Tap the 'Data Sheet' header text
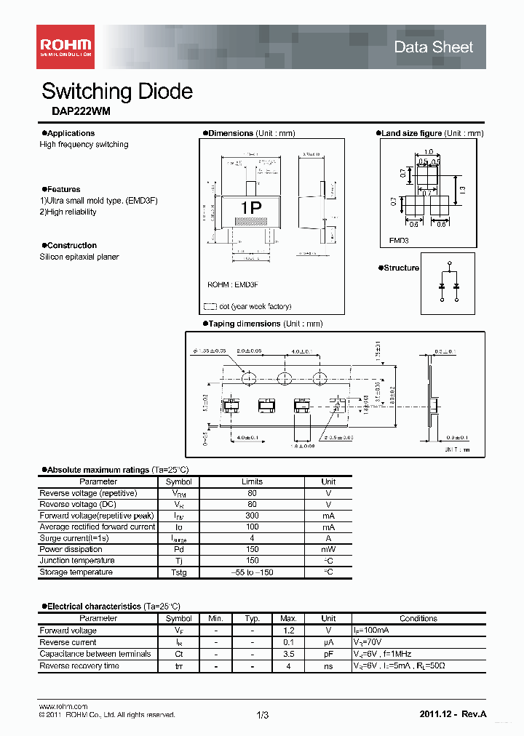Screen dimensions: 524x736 (x=433, y=47)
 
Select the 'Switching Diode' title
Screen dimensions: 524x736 (x=116, y=92)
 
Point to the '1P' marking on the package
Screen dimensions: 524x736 (x=251, y=208)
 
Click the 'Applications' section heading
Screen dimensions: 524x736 (x=71, y=133)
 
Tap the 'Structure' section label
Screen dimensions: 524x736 (x=401, y=268)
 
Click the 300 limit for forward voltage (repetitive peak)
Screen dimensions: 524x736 (x=252, y=516)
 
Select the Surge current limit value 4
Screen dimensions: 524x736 (x=252, y=538)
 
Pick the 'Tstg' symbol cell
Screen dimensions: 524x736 (x=178, y=572)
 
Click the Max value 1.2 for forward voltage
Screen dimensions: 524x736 (x=288, y=631)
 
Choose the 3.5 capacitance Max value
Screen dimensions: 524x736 (x=288, y=654)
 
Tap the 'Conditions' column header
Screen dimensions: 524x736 (x=418, y=619)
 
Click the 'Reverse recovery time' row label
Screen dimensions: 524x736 (x=79, y=665)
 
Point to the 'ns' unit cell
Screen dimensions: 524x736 (x=328, y=665)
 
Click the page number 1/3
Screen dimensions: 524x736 (x=263, y=716)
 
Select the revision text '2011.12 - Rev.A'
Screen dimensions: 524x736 (x=453, y=715)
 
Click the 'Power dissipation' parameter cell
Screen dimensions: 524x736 (x=71, y=549)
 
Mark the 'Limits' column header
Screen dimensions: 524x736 (x=252, y=481)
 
